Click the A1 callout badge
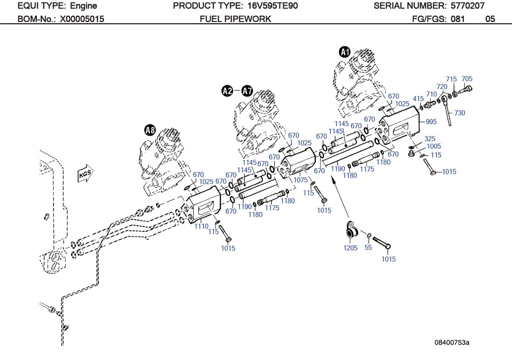345,52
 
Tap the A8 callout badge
150,130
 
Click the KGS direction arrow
85,174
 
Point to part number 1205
350,248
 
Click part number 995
431,122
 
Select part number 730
459,113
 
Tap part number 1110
201,226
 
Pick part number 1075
301,180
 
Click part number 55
368,248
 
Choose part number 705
467,79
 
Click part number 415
418,99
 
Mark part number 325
429,139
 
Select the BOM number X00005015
82,19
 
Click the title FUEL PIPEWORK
235,19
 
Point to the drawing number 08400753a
451,343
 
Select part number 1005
433,146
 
